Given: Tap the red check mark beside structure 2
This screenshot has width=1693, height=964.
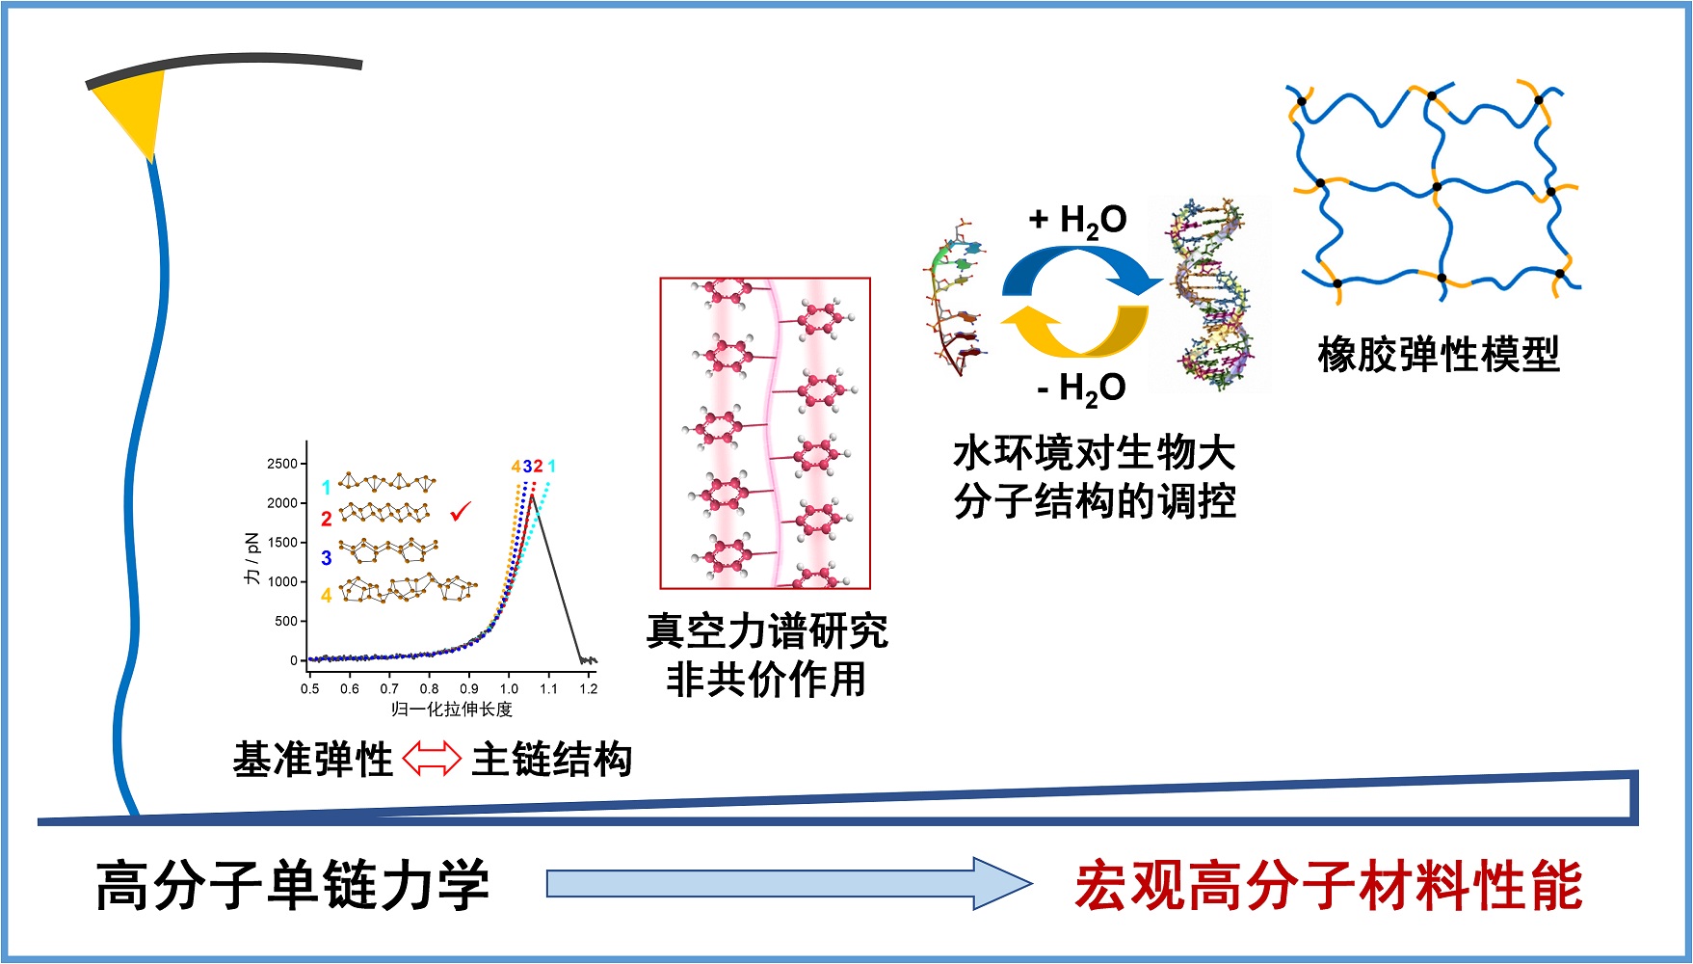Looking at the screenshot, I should (x=461, y=512).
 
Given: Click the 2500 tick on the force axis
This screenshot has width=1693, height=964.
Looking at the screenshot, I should (x=282, y=464).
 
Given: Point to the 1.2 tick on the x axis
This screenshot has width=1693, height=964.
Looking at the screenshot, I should (x=588, y=688).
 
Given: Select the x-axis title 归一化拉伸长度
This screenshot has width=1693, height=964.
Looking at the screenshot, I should (x=451, y=710).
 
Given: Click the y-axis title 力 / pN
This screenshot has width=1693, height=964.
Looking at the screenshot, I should (x=252, y=558).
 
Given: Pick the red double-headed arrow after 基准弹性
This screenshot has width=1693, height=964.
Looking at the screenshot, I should (x=431, y=759).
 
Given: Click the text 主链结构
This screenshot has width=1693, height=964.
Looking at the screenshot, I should (x=551, y=760).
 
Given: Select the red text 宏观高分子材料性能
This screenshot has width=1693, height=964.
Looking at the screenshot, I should (x=1328, y=885).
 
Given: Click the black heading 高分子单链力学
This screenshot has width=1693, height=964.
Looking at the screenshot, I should (x=292, y=885).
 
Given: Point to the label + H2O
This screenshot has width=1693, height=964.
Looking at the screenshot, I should (x=1077, y=221).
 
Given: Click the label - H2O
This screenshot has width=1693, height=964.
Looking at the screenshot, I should (x=1080, y=388).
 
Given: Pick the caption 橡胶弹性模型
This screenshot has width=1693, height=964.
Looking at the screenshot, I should (x=1438, y=355).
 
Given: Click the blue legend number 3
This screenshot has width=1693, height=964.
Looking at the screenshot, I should (x=327, y=558).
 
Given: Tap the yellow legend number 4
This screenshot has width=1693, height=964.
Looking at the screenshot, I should (x=327, y=596).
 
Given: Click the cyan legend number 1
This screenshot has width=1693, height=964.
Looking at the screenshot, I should (x=327, y=488).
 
